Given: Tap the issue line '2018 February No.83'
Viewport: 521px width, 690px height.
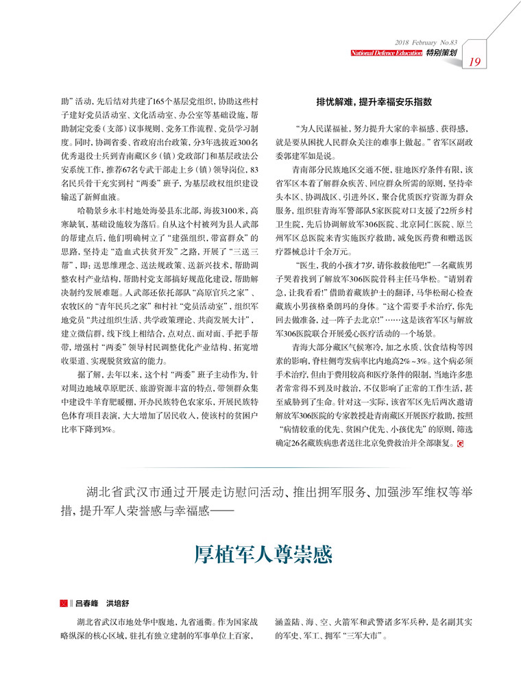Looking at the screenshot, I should point(426,42).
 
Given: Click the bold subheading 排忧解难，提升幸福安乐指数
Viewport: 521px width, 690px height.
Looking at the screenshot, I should point(374,101).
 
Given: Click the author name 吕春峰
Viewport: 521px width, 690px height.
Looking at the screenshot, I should point(86,604).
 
